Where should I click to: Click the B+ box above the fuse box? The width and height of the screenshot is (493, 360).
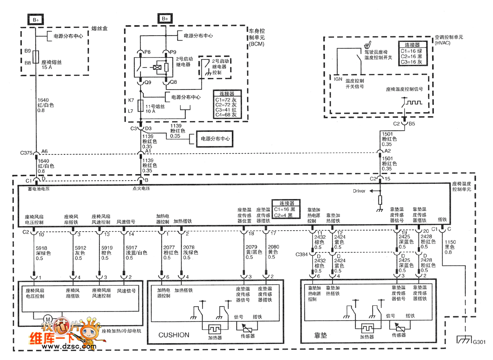pyautogui.click(x=35, y=19)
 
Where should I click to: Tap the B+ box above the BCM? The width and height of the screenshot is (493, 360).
pyautogui.click(x=165, y=19)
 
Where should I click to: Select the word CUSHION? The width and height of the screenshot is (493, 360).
pyautogui.click(x=174, y=335)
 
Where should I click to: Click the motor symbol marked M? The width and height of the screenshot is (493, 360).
pyautogui.click(x=47, y=319)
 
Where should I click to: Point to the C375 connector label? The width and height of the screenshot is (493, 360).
pyautogui.click(x=26, y=154)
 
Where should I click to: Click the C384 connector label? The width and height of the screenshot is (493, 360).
pyautogui.click(x=301, y=255)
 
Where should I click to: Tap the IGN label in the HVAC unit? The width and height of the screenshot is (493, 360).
pyautogui.click(x=338, y=79)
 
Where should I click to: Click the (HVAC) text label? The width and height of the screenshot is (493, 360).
pyautogui.click(x=444, y=43)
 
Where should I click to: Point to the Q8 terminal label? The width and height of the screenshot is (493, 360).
pyautogui.click(x=174, y=82)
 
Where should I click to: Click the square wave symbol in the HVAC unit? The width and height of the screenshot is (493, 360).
pyautogui.click(x=416, y=102)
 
